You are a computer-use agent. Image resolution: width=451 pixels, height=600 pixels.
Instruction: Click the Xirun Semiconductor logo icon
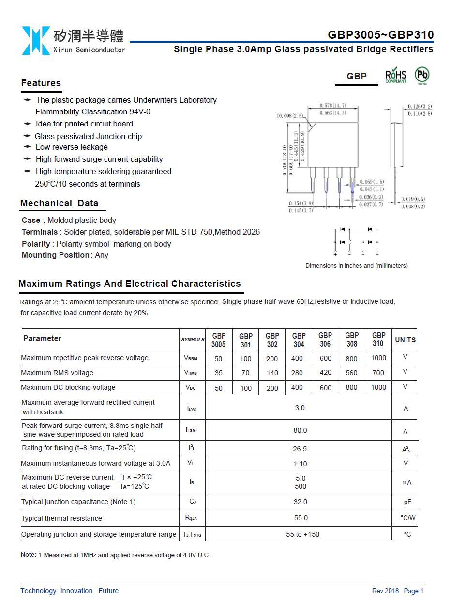35,40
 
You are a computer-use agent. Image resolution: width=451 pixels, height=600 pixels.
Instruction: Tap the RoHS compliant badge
395,76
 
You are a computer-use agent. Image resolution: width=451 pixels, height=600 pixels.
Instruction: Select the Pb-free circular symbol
422,75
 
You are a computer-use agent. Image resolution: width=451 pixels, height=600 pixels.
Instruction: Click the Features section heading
41,83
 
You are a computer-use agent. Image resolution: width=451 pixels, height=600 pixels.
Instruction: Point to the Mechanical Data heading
59,204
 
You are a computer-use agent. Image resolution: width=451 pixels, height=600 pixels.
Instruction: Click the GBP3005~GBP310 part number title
380,35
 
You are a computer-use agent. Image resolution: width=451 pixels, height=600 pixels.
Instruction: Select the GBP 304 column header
299,340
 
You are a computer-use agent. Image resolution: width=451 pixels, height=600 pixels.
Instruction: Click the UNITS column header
405,340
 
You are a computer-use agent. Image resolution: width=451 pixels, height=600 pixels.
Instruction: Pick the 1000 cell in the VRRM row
378,358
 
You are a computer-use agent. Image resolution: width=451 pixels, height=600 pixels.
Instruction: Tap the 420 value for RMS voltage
326,373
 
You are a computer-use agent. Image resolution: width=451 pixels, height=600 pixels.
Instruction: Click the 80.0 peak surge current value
300,430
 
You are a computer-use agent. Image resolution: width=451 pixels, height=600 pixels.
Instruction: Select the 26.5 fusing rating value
300,449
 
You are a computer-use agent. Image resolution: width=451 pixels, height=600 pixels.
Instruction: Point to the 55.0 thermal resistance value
301,518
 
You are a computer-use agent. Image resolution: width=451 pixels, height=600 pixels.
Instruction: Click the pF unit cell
407,502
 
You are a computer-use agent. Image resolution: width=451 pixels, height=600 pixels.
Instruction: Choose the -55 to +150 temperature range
301,534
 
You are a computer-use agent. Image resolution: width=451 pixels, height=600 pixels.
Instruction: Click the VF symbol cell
191,463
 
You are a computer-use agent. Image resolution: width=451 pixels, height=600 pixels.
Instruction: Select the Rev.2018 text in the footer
385,591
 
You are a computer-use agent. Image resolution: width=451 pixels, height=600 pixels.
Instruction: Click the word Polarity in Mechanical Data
36,244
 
